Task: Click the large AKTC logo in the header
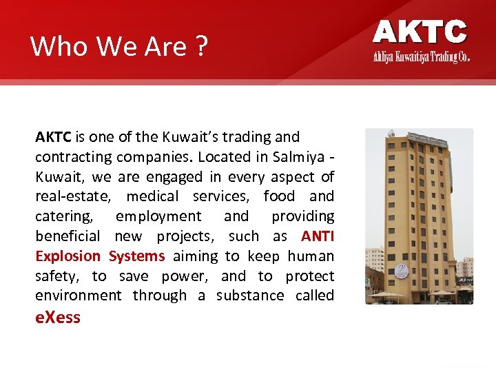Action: point(420,32)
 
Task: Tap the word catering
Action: point(64,216)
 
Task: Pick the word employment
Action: point(158,216)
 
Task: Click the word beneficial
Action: point(68,236)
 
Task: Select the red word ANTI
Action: point(318,236)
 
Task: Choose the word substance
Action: point(250,296)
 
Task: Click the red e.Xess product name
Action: point(58,318)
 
